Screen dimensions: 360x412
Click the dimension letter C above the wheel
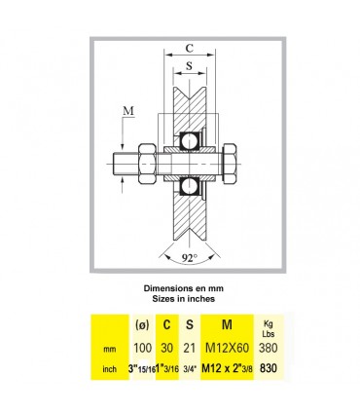(189, 48)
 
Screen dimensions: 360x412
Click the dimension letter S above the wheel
(189, 65)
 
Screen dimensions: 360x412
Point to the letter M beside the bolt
(128, 111)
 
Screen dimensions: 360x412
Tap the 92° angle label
(190, 258)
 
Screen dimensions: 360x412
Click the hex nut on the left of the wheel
(148, 165)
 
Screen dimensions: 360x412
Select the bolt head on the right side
(230, 165)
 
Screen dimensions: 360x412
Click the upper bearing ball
(189, 141)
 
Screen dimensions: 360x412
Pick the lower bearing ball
(189, 187)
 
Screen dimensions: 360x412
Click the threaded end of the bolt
(126, 165)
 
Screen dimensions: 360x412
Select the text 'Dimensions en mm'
(184, 288)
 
